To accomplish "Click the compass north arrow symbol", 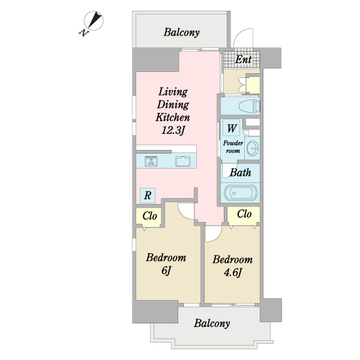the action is click(94, 20).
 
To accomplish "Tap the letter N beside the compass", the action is click(84, 32).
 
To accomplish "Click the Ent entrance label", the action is click(244, 59).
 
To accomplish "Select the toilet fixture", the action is click(249, 106).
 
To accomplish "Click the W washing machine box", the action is click(232, 128).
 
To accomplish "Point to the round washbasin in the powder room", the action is click(253, 148).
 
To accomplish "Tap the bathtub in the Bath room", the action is click(241, 193).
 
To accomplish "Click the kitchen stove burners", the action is click(151, 161).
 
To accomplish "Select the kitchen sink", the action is click(183, 161).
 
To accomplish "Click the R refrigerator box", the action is click(148, 196).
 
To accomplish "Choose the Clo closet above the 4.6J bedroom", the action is click(244, 215).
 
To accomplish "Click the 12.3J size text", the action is click(173, 130).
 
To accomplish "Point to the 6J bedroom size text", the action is click(166, 271).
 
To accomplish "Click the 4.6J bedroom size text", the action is click(233, 272).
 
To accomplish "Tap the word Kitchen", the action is click(173, 118).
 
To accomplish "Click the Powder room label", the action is click(233, 147).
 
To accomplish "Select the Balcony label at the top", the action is click(181, 32).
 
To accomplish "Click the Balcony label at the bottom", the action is click(212, 323).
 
